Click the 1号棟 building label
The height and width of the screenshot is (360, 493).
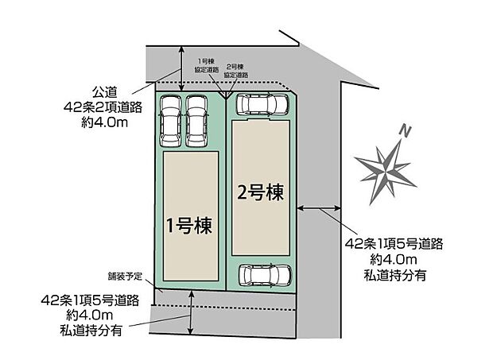(188, 226)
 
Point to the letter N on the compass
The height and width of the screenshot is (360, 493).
(405, 130)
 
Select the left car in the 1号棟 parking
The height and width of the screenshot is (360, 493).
(171, 122)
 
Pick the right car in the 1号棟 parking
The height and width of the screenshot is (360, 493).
(196, 122)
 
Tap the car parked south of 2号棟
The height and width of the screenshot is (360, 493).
(264, 275)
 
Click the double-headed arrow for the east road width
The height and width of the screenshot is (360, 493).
(319, 209)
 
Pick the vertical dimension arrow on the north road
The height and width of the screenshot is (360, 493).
(182, 66)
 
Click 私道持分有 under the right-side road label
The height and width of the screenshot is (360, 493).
(387, 274)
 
